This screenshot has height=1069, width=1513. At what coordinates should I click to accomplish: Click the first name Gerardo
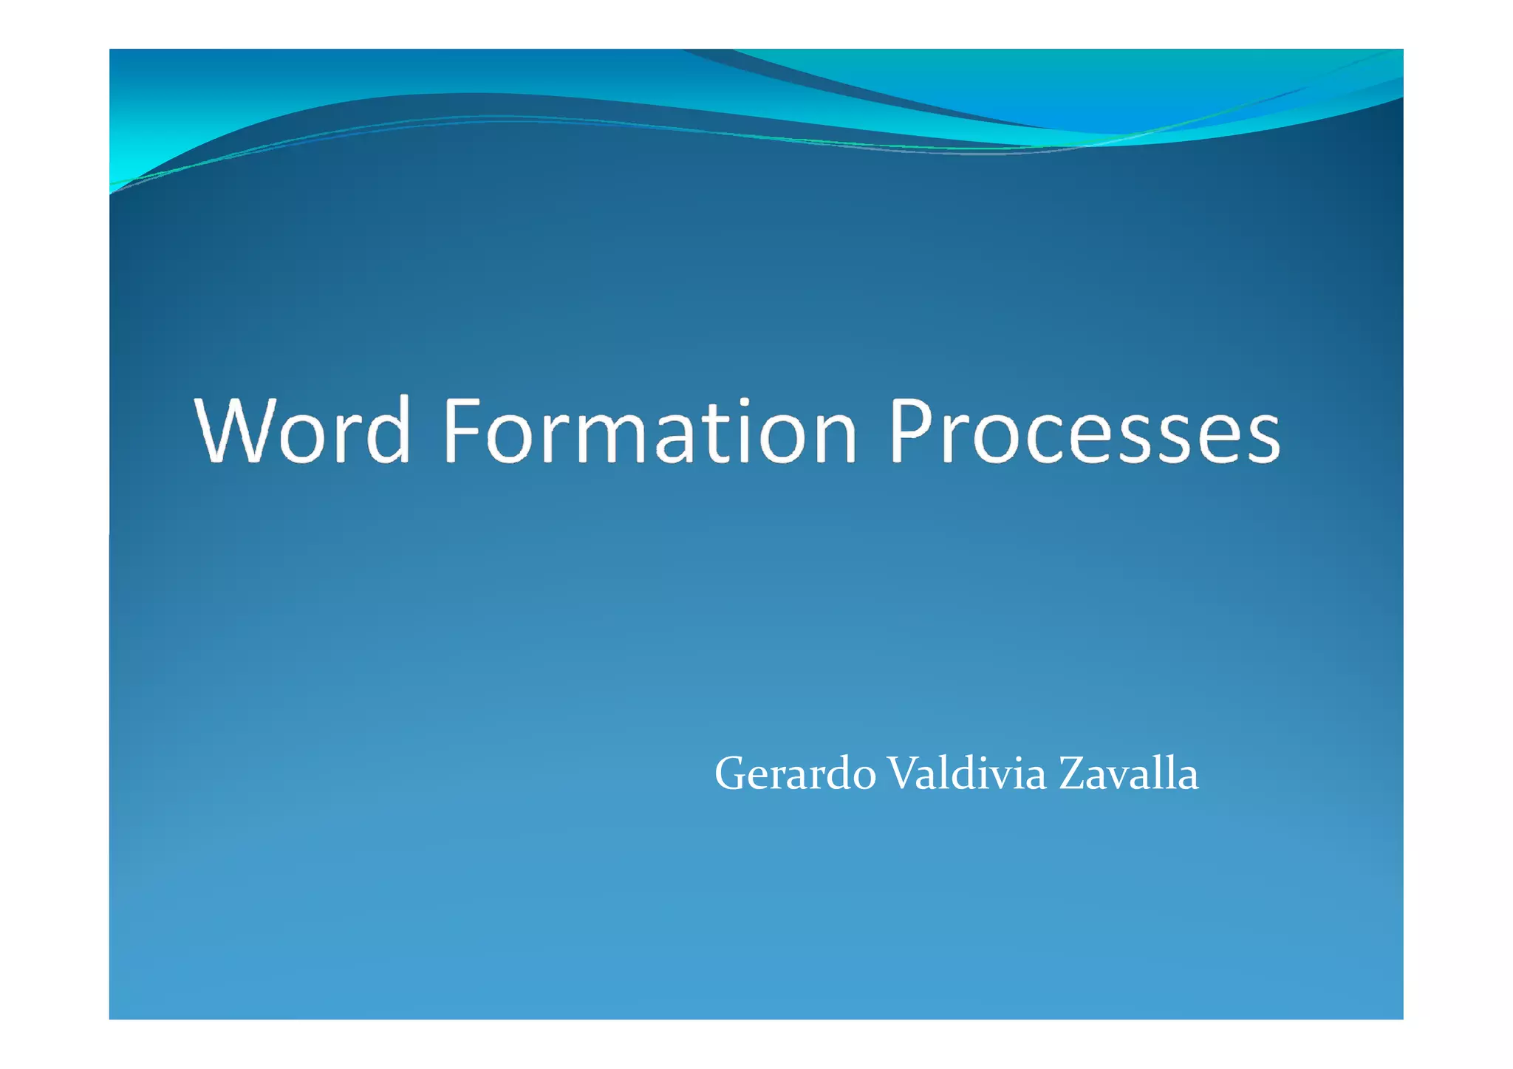point(795,774)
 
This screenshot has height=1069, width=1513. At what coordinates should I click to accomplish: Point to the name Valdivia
point(966,773)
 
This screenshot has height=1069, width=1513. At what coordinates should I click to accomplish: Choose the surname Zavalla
point(1128,773)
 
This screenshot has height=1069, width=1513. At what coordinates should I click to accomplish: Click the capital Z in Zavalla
point(1072,773)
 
